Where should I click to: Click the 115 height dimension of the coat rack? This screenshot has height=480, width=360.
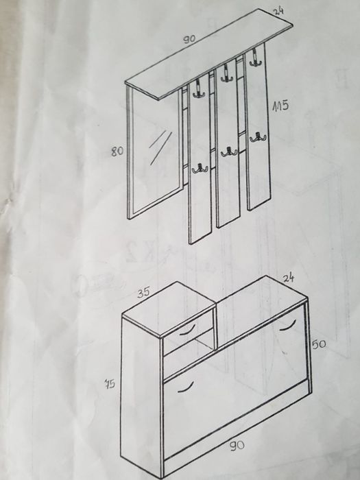coord(280,106)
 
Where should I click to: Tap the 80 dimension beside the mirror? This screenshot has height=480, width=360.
coord(117,151)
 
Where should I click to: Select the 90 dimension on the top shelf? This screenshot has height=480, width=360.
coord(189,39)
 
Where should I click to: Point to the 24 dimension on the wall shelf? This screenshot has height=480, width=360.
coord(278,11)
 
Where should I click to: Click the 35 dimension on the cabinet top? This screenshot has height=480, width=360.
coord(143,293)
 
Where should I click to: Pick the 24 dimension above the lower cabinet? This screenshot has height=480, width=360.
coord(289,278)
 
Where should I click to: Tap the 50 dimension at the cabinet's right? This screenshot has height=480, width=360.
coord(319,344)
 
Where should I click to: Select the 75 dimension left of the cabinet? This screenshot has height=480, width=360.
coord(110,383)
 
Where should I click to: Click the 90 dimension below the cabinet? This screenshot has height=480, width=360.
coord(237,446)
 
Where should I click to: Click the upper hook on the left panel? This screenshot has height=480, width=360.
coord(199,89)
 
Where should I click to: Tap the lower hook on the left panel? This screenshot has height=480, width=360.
coord(200,169)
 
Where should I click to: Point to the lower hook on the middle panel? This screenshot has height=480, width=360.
coord(228,152)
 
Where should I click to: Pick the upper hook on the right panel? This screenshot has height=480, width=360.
coord(255,59)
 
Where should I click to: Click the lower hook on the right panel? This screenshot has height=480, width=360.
coord(258,137)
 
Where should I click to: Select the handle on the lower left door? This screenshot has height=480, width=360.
coord(186,387)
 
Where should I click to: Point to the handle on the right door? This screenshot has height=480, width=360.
coord(288,325)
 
